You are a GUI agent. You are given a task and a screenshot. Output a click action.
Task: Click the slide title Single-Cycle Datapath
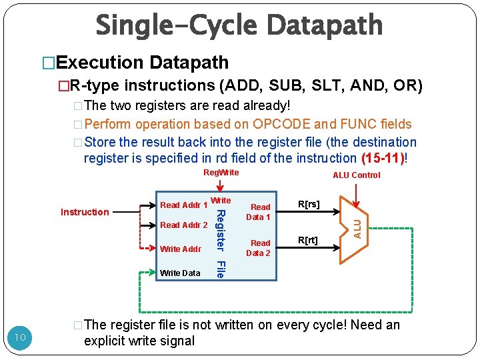239,25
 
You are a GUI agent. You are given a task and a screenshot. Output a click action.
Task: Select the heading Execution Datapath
142,63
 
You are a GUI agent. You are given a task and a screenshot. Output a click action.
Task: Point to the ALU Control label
357,175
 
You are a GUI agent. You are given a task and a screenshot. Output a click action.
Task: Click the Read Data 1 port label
259,212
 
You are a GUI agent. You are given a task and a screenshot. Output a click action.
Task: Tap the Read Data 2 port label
259,248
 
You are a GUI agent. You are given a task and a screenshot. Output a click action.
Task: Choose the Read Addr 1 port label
183,205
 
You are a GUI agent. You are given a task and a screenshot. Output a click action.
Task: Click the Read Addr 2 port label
184,225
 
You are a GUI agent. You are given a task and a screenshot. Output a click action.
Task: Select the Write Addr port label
181,249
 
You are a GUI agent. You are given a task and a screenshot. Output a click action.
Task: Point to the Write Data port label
180,273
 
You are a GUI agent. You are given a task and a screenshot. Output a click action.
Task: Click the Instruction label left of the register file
85,212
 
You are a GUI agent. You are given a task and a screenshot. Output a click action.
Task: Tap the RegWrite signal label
221,173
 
